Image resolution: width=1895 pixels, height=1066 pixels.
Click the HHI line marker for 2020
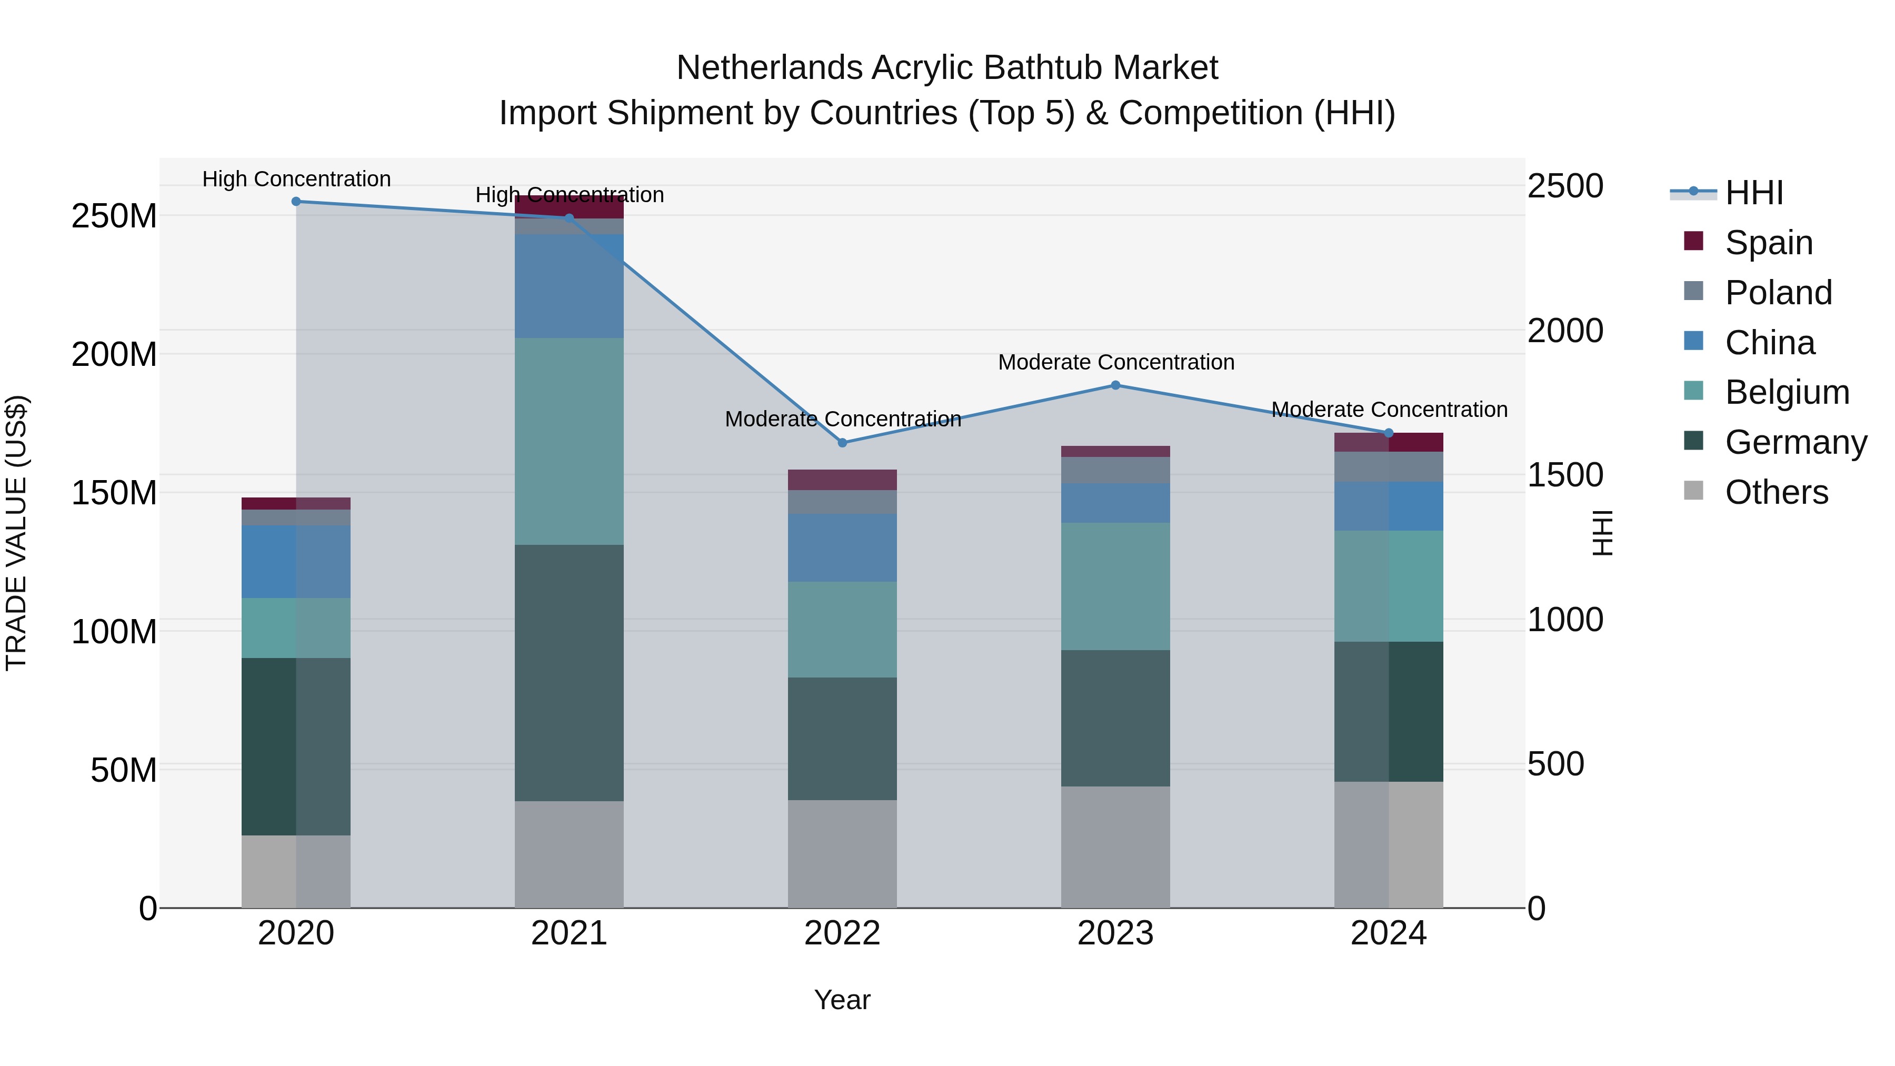point(296,202)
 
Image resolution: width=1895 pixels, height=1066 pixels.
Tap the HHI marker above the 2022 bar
point(842,443)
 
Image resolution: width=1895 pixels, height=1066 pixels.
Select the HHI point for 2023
point(1115,385)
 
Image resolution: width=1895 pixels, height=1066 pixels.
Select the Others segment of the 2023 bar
point(1115,847)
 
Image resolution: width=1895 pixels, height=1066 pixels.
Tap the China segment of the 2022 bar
point(842,548)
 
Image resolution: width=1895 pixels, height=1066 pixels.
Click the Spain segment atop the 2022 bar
point(842,480)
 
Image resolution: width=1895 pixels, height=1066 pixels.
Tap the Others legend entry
point(1776,492)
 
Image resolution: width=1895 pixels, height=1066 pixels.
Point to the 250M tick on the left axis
point(114,216)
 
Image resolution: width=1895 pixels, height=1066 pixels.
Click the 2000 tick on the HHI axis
point(1565,330)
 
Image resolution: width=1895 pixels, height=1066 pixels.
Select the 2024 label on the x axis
point(1388,933)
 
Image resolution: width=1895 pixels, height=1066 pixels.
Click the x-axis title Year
point(842,1000)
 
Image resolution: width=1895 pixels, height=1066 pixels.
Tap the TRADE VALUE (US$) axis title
point(16,533)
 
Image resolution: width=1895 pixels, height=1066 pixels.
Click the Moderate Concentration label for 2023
point(1115,362)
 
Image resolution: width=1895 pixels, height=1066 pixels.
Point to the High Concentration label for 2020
point(296,179)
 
